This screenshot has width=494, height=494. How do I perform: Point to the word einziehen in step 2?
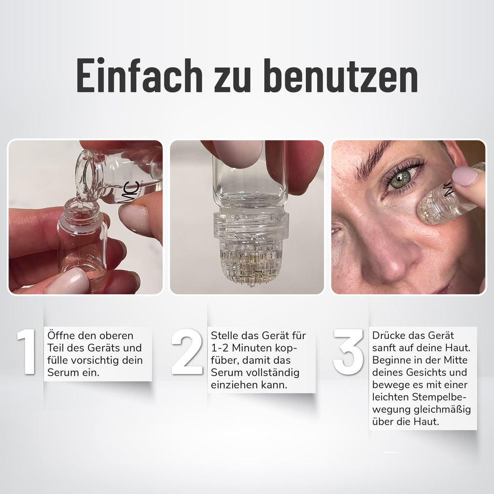pos(234,385)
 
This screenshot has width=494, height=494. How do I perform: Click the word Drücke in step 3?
pos(389,335)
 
